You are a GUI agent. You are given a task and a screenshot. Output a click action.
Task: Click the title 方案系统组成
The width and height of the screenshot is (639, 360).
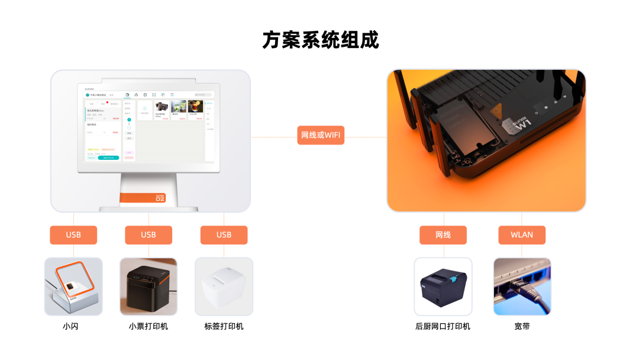(x=320, y=40)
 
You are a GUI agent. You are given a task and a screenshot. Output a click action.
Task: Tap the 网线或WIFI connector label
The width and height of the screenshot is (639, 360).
(x=321, y=135)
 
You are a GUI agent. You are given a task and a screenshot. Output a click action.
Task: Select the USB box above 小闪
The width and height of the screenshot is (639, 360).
(x=73, y=235)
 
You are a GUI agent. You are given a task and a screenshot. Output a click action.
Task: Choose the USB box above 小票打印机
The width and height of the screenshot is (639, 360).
(x=149, y=235)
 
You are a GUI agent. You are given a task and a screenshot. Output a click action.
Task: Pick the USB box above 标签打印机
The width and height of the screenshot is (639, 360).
(x=224, y=235)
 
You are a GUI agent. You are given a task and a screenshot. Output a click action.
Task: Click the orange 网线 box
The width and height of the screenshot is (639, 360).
(x=443, y=235)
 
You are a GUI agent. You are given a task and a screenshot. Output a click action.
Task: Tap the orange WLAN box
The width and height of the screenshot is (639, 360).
(x=522, y=235)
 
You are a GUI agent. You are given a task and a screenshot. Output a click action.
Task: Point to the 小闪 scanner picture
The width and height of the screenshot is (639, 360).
(x=73, y=287)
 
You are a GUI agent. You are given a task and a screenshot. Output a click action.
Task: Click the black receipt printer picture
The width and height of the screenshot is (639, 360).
(x=149, y=287)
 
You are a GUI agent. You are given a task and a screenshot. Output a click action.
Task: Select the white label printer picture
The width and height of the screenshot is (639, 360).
(x=224, y=287)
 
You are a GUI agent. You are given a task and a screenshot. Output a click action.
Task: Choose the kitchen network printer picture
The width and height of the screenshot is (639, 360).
(x=443, y=287)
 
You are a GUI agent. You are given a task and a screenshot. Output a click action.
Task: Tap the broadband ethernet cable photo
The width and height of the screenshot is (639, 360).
(x=522, y=287)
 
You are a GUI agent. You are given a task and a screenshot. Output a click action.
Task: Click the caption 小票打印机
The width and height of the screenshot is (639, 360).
(x=149, y=326)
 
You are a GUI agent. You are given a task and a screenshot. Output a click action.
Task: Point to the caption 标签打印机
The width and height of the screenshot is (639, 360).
(x=224, y=326)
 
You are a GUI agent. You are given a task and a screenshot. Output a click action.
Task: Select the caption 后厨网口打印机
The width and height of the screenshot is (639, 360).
(x=443, y=326)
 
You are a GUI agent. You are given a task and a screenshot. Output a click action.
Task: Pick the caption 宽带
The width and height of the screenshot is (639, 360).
(x=522, y=326)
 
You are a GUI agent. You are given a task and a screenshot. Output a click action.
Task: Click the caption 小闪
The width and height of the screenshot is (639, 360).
(x=73, y=326)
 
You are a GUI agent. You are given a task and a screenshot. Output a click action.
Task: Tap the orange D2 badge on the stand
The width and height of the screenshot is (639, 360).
(x=159, y=198)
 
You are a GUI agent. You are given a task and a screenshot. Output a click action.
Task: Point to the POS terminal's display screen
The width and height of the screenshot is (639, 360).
(x=149, y=127)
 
